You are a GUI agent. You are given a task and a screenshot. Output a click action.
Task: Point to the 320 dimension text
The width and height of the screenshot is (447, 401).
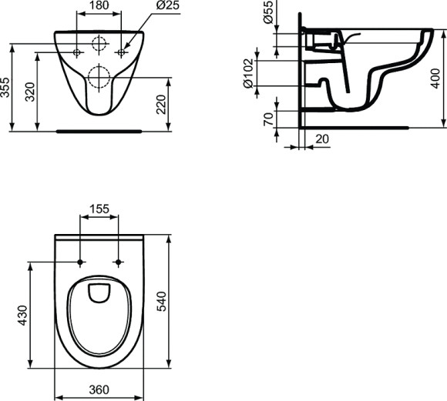pos(30,92)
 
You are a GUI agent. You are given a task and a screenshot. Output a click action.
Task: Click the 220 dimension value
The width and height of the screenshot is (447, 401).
pos(161,103)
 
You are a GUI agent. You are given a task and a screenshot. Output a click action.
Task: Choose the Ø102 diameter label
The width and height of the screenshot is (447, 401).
pos(250,74)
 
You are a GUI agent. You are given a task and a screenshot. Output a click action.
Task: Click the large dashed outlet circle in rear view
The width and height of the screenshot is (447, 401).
pos(100,76)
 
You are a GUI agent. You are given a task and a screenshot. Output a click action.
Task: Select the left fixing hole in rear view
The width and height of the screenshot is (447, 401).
pos(79,52)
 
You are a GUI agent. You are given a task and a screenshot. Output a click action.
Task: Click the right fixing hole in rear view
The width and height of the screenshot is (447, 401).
pos(121,52)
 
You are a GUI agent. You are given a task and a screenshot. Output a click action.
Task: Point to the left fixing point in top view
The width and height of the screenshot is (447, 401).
pos(82,262)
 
